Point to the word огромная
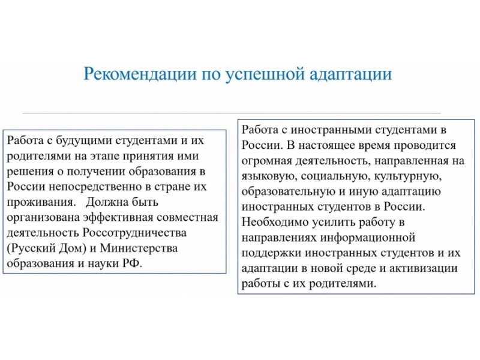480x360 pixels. (268, 161)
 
